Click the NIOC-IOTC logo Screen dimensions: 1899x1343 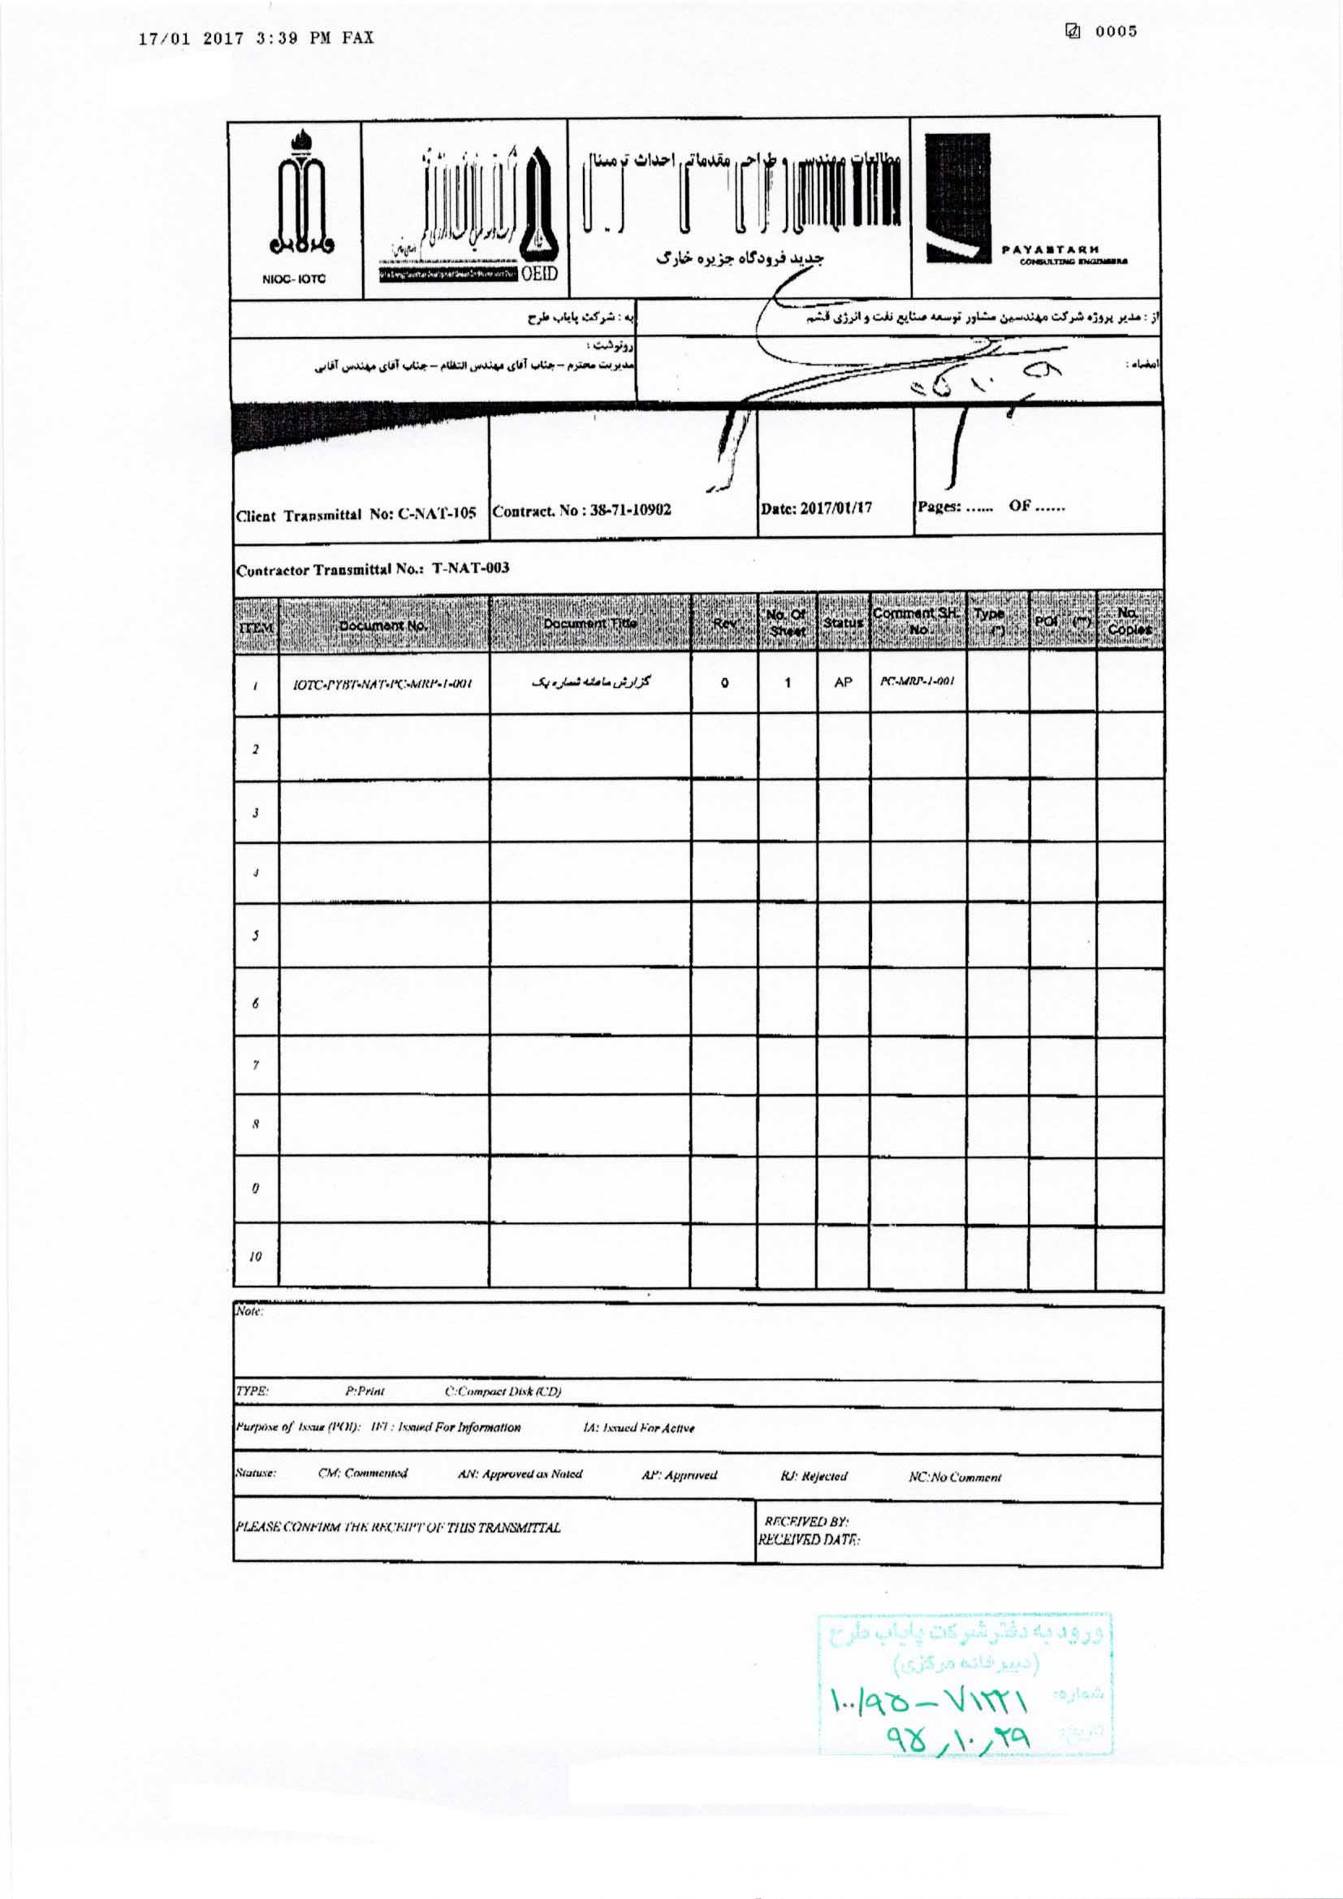(x=296, y=207)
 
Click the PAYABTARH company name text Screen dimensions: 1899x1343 (x=1050, y=249)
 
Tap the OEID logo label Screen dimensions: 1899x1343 (x=540, y=275)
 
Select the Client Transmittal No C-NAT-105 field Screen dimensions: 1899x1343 (x=356, y=514)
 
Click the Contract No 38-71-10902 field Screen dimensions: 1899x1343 (x=581, y=509)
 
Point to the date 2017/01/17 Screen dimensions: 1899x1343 (x=816, y=508)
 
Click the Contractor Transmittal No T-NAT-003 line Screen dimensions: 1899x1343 (x=373, y=569)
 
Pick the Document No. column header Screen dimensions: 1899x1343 (x=383, y=625)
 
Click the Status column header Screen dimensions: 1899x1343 (x=843, y=622)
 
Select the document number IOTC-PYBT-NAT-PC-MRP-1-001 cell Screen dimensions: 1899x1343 (x=383, y=684)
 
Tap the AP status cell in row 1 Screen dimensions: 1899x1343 (x=843, y=682)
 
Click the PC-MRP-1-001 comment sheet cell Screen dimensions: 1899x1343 (x=917, y=681)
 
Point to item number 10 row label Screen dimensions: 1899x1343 (x=256, y=1256)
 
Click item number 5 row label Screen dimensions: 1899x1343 (x=256, y=937)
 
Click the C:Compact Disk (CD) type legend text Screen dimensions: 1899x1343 (x=503, y=1391)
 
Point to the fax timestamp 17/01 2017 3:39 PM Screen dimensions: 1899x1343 (x=257, y=38)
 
